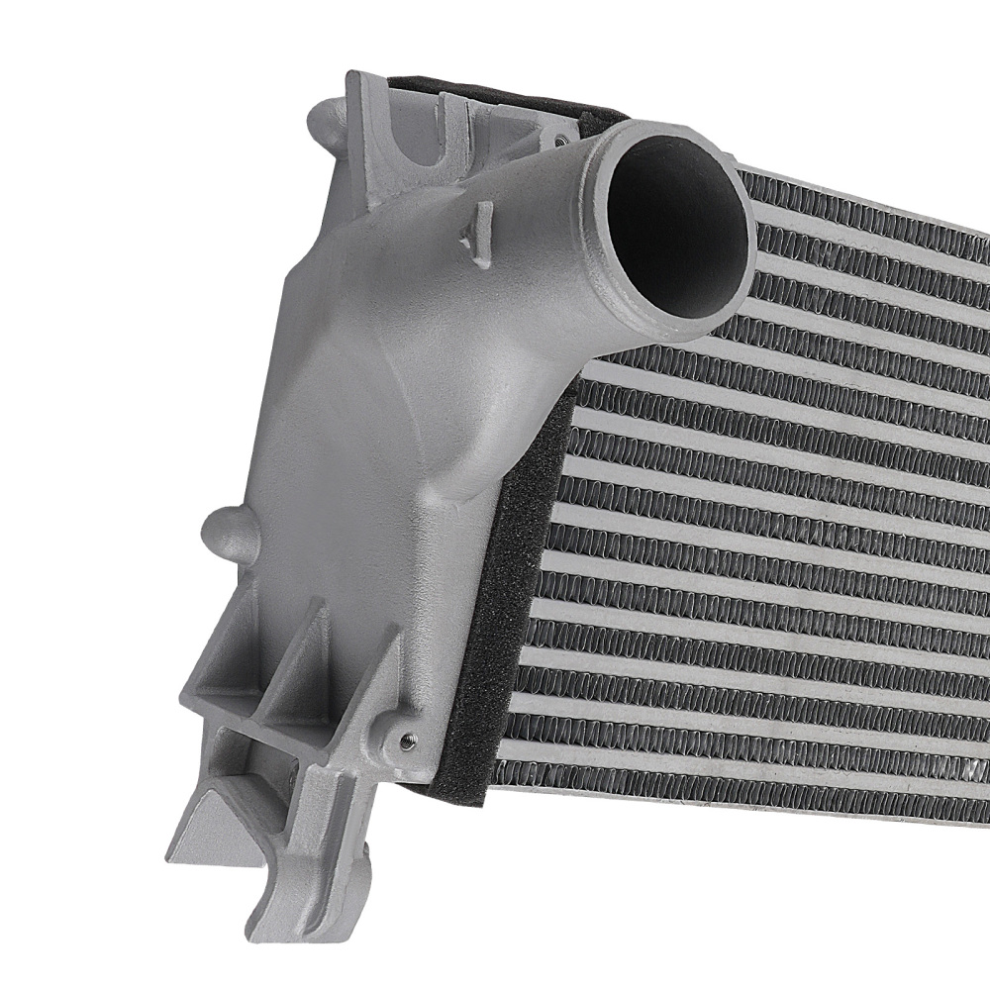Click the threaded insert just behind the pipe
[x=561, y=136]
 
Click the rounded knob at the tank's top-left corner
[x=323, y=127]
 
